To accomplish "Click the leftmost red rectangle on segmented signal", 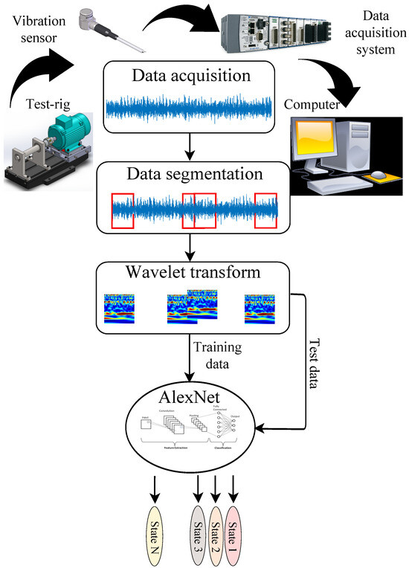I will coord(123,210).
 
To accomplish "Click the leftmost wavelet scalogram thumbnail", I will coord(120,309).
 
